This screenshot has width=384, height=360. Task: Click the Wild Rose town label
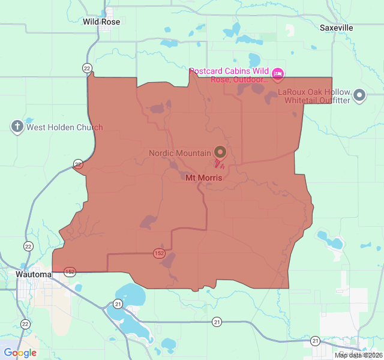tap(101, 22)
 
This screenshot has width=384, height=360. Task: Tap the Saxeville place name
tap(336, 28)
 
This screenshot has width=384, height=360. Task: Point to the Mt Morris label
tap(203, 178)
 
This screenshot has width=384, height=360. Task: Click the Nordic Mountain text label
tap(180, 153)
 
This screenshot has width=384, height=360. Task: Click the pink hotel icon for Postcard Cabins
tap(277, 74)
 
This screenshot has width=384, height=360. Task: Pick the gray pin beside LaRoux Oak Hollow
tap(359, 95)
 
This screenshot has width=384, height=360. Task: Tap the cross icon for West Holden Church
tap(17, 127)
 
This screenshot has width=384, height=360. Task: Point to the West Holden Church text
tap(64, 127)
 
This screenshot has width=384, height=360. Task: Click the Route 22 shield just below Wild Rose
tap(88, 68)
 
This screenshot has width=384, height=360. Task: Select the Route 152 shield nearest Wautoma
tap(70, 271)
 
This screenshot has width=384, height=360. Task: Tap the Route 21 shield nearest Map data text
tap(316, 341)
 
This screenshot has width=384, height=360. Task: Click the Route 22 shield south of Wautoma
tap(25, 324)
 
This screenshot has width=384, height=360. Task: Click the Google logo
tap(20, 353)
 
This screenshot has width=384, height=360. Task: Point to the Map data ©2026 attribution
tap(358, 355)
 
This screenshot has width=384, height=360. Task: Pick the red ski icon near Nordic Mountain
tap(218, 163)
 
